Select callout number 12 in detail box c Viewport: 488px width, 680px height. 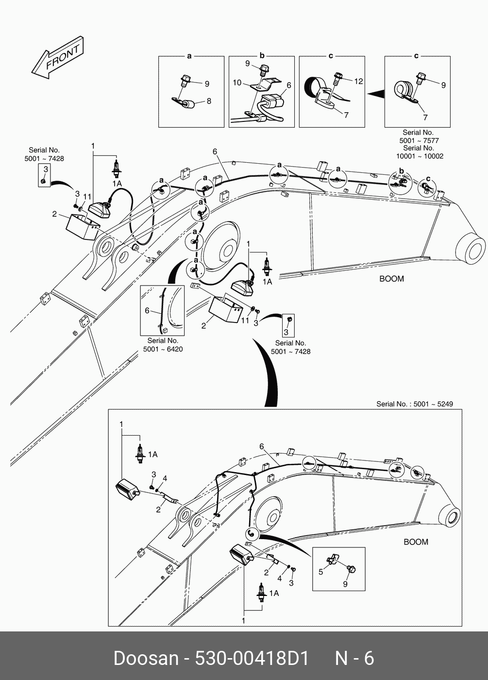pyautogui.click(x=358, y=81)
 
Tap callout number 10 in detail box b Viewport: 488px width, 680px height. pyautogui.click(x=237, y=83)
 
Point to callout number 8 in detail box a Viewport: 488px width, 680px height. pyautogui.click(x=209, y=101)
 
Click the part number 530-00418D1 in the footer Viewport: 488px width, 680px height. pyautogui.click(x=252, y=658)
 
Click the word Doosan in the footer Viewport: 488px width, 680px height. pyautogui.click(x=146, y=658)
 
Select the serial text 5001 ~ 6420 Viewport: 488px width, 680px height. pyautogui.click(x=163, y=349)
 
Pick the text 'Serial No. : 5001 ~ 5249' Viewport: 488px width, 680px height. pyautogui.click(x=414, y=404)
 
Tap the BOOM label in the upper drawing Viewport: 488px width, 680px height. pyautogui.click(x=391, y=279)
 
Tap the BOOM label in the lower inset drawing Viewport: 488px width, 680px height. pyautogui.click(x=416, y=542)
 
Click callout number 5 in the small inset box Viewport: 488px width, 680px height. pyautogui.click(x=320, y=572)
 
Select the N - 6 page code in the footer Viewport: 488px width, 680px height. pyautogui.click(x=354, y=658)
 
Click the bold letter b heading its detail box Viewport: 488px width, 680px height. pyautogui.click(x=262, y=56)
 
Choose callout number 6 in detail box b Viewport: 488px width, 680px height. pyautogui.click(x=288, y=85)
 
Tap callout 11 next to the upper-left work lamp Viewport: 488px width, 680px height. pyautogui.click(x=87, y=197)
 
